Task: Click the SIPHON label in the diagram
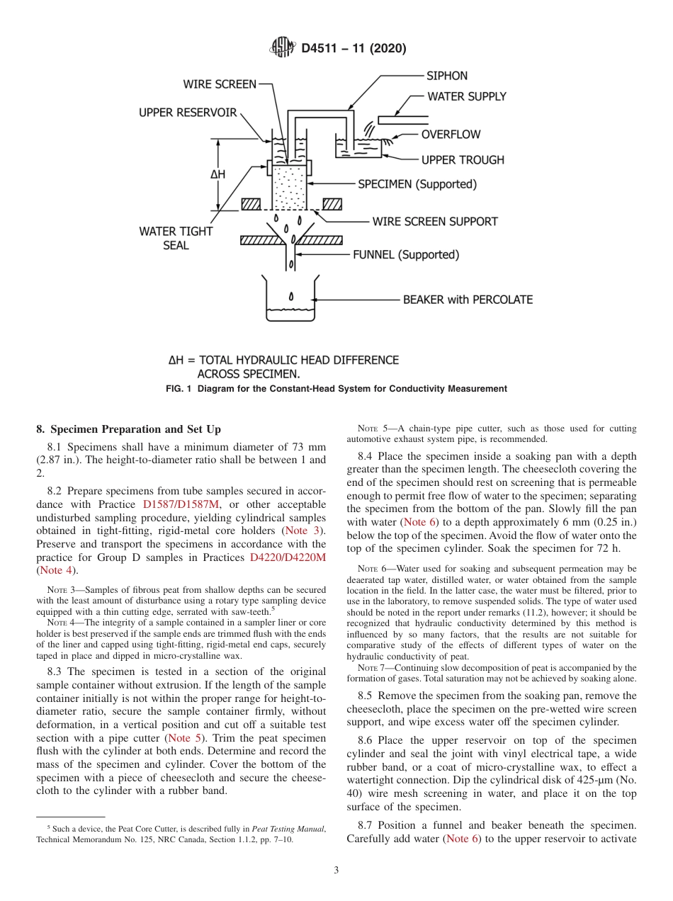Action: tap(446, 76)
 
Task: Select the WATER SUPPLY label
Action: tap(466, 96)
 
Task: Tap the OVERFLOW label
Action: tap(451, 135)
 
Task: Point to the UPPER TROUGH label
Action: tap(463, 160)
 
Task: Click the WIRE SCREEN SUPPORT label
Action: tap(435, 222)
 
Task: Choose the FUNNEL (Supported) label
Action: tap(405, 254)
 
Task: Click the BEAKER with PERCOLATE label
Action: tap(468, 300)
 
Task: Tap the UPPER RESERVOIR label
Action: tap(188, 113)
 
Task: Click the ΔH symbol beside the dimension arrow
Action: tap(217, 174)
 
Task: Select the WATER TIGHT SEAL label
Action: tap(176, 238)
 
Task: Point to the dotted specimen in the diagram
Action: tap(290, 188)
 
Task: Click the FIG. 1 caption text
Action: tap(336, 389)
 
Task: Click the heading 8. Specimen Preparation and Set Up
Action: tap(128, 429)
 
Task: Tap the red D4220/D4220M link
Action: tap(288, 557)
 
